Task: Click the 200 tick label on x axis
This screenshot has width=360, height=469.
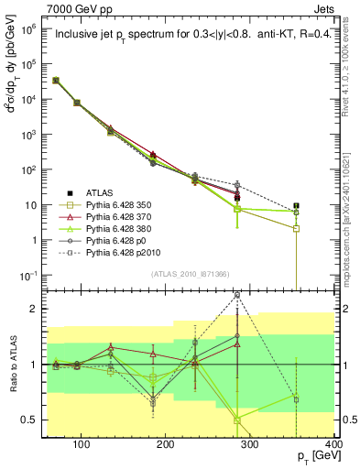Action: pyautogui.click(x=166, y=445)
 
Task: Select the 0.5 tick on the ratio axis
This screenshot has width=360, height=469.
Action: pyautogui.click(x=33, y=420)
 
